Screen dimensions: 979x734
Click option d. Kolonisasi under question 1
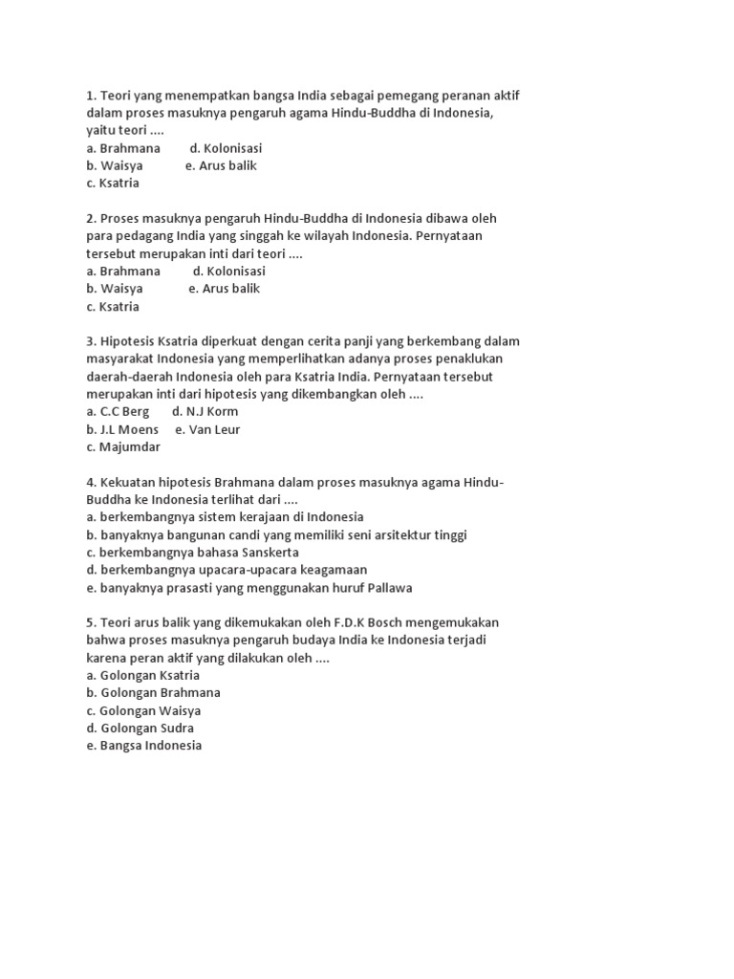point(226,148)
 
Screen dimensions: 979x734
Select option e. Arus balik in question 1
point(221,165)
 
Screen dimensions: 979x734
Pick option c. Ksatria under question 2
point(113,306)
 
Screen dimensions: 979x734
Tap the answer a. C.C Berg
point(118,411)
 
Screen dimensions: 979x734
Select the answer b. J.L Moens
point(122,429)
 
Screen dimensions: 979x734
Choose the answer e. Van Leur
point(207,429)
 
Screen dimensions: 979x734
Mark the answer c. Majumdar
point(123,446)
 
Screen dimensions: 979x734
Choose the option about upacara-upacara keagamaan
point(227,570)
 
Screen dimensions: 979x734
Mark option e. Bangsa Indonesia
point(143,746)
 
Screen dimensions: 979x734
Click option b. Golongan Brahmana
point(153,692)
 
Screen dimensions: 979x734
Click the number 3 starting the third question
point(90,341)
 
